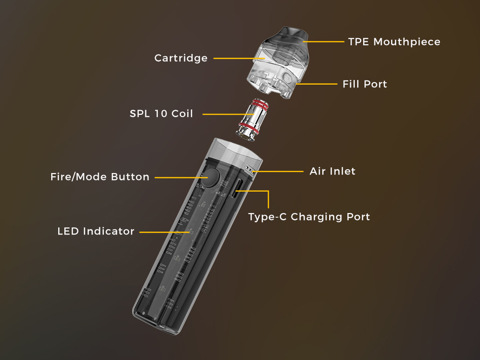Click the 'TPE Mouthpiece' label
394,42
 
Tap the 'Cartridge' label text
181,58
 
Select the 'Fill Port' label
365,84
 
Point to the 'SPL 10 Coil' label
162,114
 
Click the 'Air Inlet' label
332,171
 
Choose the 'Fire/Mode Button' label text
100,177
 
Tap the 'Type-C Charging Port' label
309,217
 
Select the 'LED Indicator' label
96,231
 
